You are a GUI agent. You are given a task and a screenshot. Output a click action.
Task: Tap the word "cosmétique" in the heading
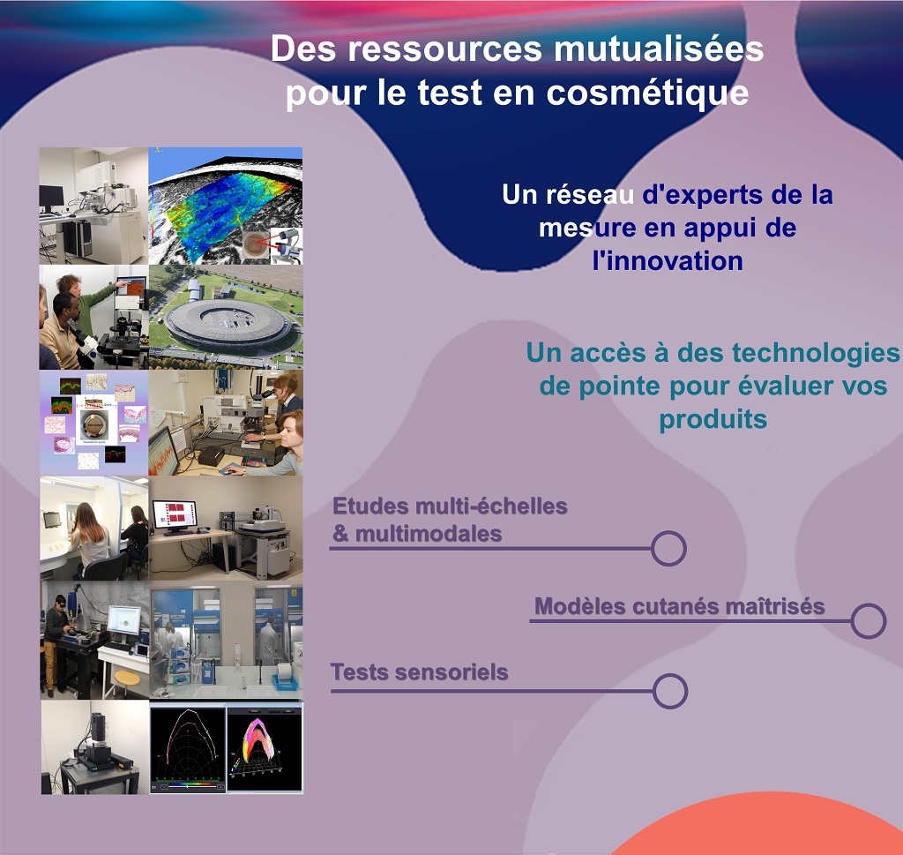pyautogui.click(x=647, y=94)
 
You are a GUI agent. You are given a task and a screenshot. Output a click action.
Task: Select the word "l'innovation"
pyautogui.click(x=668, y=261)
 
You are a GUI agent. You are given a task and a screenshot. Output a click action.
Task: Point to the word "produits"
pyautogui.click(x=713, y=419)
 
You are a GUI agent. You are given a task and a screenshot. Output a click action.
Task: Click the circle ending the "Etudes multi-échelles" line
pyautogui.click(x=668, y=548)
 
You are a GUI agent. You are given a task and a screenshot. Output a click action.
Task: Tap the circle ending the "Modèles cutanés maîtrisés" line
pyautogui.click(x=869, y=620)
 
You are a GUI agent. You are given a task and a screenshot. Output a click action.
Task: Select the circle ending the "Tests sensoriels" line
pyautogui.click(x=670, y=691)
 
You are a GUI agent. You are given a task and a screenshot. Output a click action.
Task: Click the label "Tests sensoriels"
pyautogui.click(x=419, y=672)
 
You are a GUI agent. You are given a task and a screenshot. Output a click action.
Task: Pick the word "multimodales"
pyautogui.click(x=429, y=534)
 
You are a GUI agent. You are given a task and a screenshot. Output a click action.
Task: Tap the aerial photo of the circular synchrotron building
pyautogui.click(x=226, y=317)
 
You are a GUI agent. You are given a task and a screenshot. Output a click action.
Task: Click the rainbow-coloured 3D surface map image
pyautogui.click(x=226, y=206)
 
